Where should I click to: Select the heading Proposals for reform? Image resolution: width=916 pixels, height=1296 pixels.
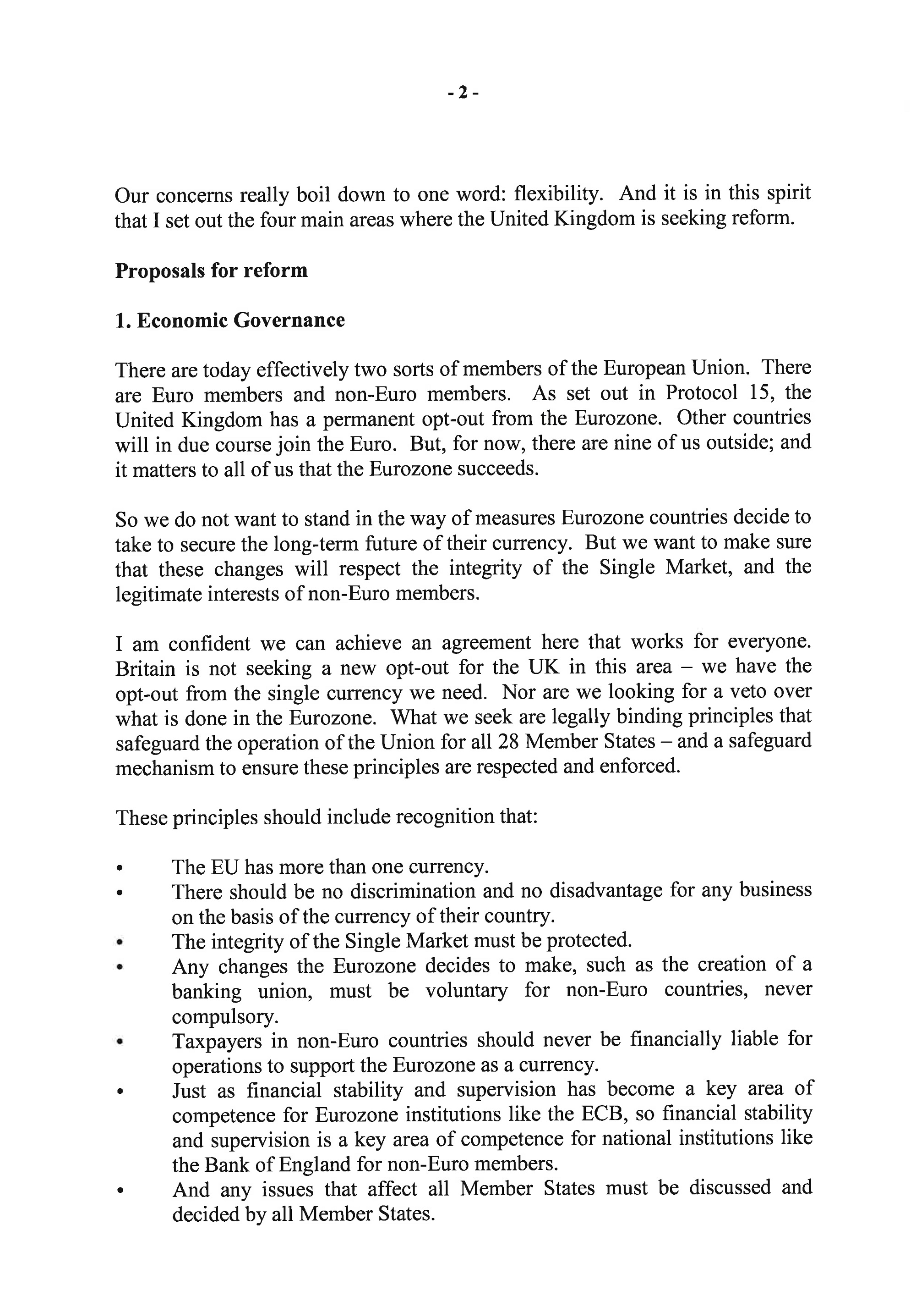point(212,270)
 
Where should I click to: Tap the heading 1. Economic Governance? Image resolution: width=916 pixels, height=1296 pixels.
point(230,320)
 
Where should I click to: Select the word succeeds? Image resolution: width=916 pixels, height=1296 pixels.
point(497,469)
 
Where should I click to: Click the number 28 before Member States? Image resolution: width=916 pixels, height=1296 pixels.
point(509,741)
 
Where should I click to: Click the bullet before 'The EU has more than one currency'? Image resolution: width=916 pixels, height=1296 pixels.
point(119,867)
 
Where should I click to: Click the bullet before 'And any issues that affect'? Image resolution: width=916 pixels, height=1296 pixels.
point(119,1191)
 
